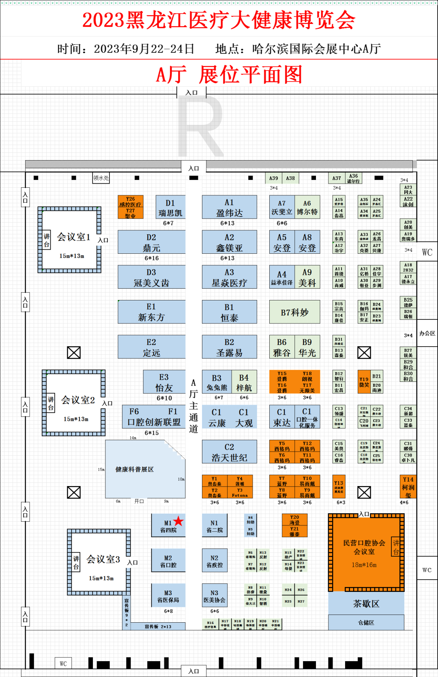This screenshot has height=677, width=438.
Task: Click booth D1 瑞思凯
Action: [x=170, y=207]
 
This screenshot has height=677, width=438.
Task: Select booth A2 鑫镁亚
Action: [x=229, y=242]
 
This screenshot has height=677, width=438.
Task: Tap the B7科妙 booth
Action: [x=294, y=312]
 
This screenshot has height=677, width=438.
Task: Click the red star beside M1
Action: [x=178, y=521]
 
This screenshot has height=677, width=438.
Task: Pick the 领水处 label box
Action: [x=101, y=178]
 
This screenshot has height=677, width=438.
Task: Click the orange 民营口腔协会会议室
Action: [x=364, y=552]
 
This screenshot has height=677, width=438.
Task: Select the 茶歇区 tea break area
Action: [x=366, y=604]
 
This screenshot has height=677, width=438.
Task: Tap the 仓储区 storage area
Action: [x=366, y=622]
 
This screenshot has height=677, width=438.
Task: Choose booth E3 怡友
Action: [x=164, y=382]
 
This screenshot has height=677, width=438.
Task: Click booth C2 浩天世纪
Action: [x=229, y=452]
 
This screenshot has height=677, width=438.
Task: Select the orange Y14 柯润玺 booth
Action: [x=408, y=486]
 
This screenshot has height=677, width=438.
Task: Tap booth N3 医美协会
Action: [x=214, y=596]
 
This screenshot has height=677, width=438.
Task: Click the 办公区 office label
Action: [x=427, y=333]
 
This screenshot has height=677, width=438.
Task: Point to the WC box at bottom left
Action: [x=63, y=664]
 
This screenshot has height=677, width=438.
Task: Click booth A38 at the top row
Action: [x=290, y=178]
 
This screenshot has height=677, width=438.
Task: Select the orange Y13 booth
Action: [x=339, y=486]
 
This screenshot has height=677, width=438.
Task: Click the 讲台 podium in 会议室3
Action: [x=76, y=563]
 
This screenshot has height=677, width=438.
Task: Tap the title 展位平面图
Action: [x=251, y=75]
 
